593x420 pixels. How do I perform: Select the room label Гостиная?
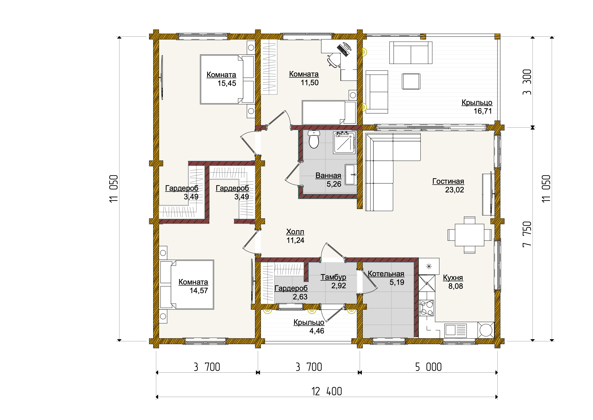coord(448,181)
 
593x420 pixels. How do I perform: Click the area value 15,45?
coord(227,83)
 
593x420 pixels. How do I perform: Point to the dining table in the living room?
coord(469,235)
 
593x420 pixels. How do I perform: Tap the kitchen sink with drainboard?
coord(456,330)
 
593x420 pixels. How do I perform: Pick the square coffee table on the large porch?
coord(411,81)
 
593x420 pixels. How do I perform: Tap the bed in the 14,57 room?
coord(187,285)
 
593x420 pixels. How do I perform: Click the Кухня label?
coord(453,278)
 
